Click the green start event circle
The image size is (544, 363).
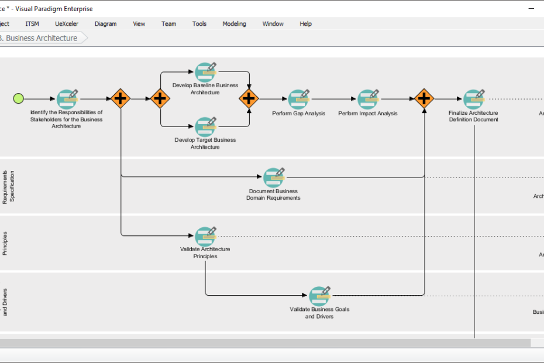19,98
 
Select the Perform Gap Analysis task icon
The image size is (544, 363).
298,100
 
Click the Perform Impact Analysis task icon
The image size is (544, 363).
367,100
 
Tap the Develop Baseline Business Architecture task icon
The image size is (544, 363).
205,72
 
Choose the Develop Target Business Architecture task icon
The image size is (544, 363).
205,126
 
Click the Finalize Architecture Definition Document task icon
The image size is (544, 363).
473,100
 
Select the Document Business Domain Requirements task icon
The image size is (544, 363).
273,177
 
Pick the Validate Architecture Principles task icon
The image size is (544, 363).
205,236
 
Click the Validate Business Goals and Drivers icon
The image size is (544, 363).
319,296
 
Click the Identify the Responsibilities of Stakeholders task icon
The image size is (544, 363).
66,100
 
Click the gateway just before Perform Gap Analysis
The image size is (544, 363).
249,98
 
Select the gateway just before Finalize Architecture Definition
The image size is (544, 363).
424,98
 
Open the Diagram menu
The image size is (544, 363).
105,24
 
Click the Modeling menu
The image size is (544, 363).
234,24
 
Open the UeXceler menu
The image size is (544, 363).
67,24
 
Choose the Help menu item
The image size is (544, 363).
305,24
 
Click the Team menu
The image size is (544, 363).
168,24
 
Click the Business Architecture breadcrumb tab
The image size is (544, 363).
41,38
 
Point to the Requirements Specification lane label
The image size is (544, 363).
8,186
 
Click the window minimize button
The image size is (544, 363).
531,9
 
